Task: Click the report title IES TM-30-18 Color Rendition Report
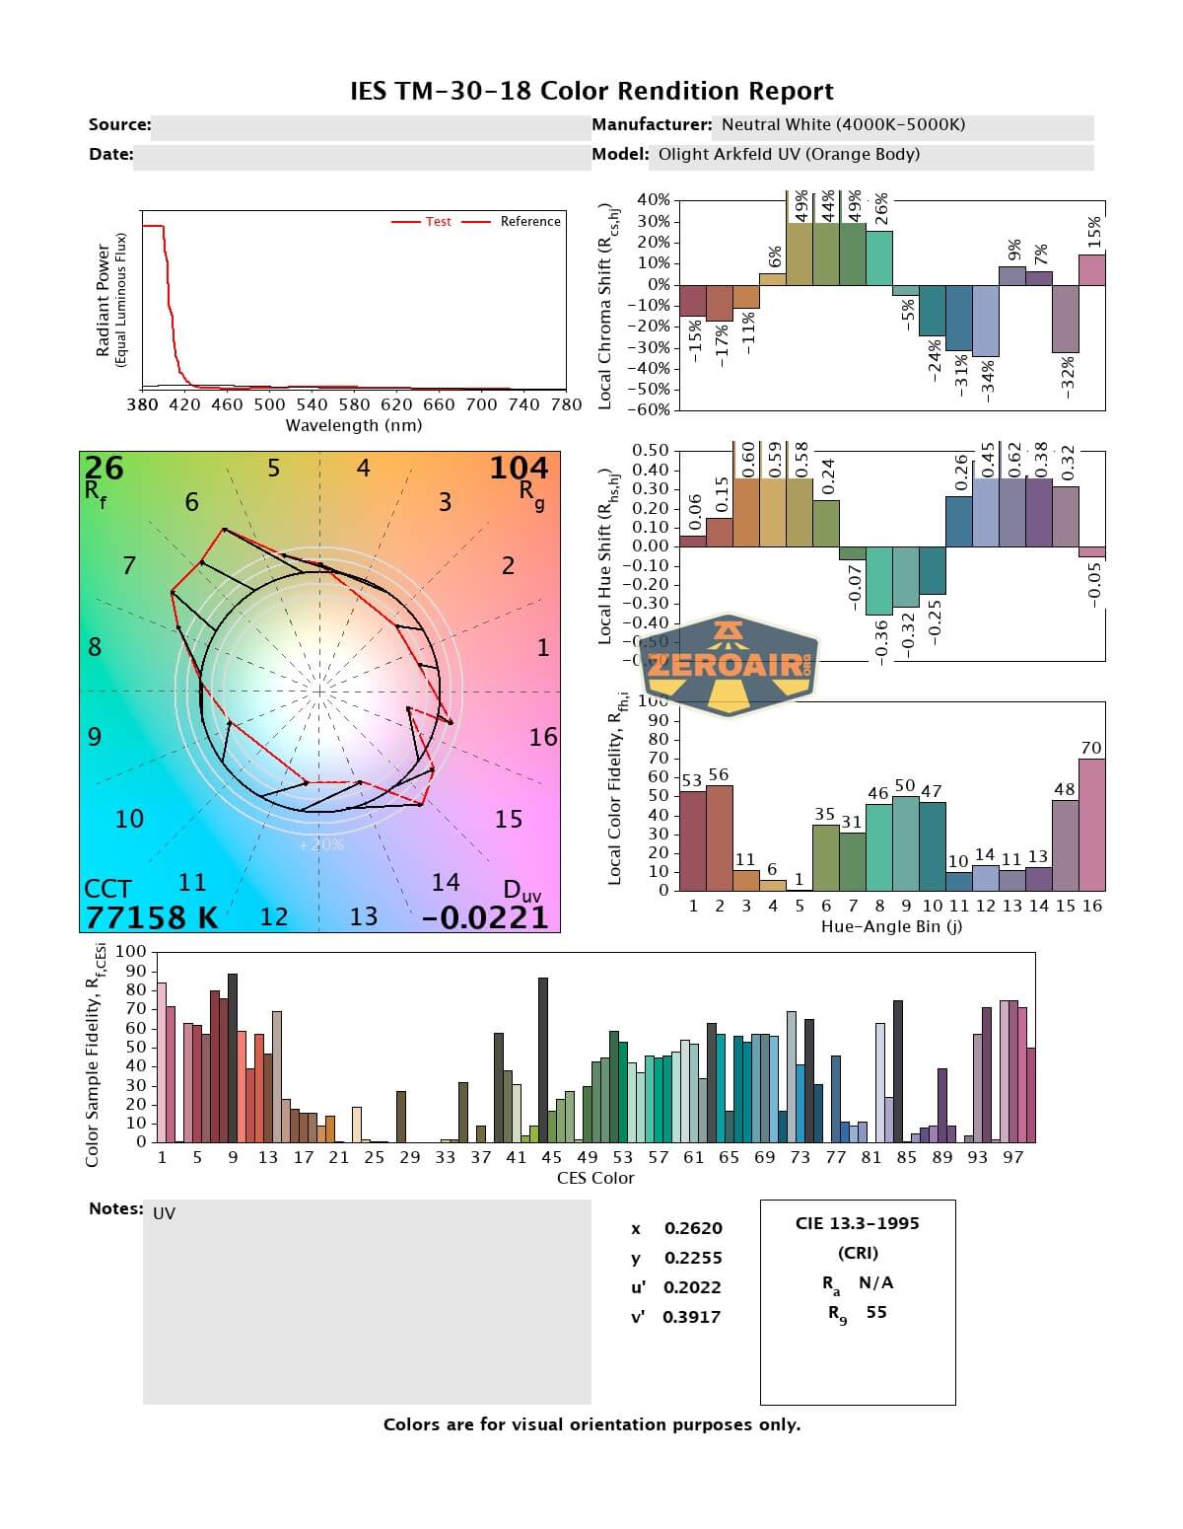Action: coord(591,92)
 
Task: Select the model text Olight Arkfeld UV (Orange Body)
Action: coord(789,154)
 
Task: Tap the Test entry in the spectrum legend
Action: coord(438,222)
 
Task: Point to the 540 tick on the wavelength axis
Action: coord(312,404)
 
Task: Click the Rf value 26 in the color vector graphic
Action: coord(104,468)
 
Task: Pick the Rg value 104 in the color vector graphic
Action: coord(519,468)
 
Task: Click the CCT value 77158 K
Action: coord(151,917)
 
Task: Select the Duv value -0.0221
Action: coord(485,917)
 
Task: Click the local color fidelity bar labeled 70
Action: coord(1091,825)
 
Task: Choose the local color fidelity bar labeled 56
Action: coord(720,837)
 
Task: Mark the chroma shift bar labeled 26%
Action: coord(879,257)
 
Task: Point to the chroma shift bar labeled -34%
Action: coord(986,321)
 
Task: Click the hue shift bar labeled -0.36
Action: coord(879,581)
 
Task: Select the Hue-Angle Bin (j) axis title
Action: coord(891,927)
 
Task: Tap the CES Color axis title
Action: coord(595,1178)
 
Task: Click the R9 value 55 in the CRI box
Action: coord(876,1312)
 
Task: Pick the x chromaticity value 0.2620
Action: coord(693,1228)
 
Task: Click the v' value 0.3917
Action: coord(692,1317)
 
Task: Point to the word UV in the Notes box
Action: coord(165,1213)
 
